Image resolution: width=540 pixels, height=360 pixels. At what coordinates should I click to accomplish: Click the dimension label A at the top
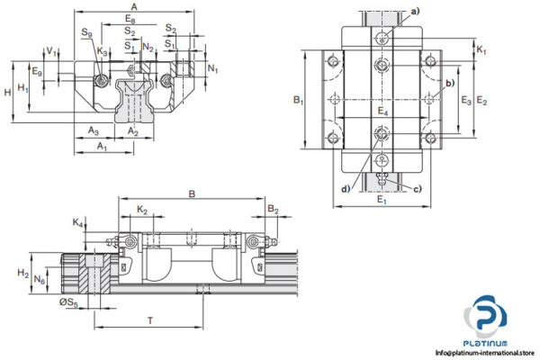pyautogui.click(x=134, y=6)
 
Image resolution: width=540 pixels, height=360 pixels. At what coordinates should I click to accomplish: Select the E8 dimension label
pyautogui.click(x=131, y=19)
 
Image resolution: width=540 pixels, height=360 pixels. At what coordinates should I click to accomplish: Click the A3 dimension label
pyautogui.click(x=94, y=131)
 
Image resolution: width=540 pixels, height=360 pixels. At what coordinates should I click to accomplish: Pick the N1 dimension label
pyautogui.click(x=211, y=67)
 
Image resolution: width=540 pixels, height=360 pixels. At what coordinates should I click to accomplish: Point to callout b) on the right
pyautogui.click(x=449, y=84)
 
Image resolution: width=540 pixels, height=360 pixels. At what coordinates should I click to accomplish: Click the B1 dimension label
pyautogui.click(x=299, y=102)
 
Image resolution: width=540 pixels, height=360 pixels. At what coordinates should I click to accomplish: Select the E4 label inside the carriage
pyautogui.click(x=382, y=112)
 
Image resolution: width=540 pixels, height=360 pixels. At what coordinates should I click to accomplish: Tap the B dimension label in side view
pyautogui.click(x=191, y=193)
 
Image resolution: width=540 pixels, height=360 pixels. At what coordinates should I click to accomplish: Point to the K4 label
pyautogui.click(x=77, y=221)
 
